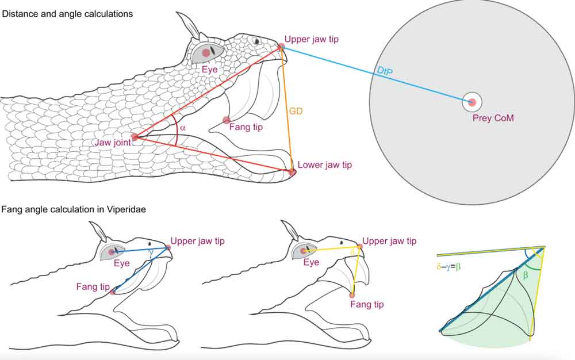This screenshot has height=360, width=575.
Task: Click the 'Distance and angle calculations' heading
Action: (x=67, y=13)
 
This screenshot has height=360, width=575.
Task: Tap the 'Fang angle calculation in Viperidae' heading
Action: (x=74, y=210)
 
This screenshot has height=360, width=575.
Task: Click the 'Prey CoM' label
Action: (x=494, y=118)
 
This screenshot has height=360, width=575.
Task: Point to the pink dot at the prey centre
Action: (x=472, y=103)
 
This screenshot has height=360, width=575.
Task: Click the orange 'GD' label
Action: (x=296, y=111)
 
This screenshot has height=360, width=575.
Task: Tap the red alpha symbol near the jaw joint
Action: (x=183, y=128)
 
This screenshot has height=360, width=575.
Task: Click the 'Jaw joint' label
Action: (x=115, y=141)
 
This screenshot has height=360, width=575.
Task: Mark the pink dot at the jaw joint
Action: (x=135, y=137)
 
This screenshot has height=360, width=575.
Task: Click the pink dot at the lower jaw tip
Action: (x=292, y=172)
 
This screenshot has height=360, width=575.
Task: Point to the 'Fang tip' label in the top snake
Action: (x=246, y=127)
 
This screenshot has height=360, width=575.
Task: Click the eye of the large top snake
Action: (x=205, y=53)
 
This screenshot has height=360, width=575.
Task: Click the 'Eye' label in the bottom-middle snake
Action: (x=311, y=263)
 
